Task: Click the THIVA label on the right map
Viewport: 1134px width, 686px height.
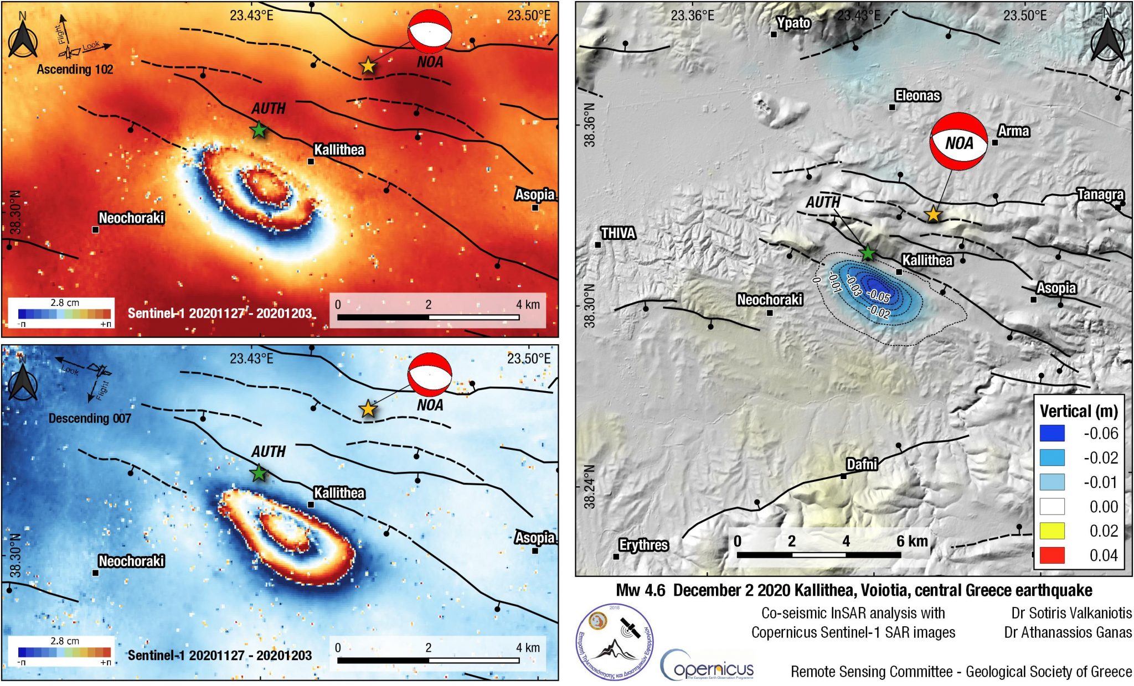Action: (618, 233)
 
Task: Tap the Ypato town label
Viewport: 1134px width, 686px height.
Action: (793, 23)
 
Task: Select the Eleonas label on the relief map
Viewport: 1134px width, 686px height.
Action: (917, 96)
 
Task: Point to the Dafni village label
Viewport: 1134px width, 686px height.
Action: (862, 464)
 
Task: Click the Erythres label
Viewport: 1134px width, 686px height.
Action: (643, 545)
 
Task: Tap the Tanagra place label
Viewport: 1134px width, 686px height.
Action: (1100, 194)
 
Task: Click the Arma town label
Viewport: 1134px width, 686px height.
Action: (1013, 131)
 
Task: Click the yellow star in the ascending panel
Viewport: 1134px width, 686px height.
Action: (368, 66)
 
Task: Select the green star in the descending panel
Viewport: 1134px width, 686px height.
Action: (259, 474)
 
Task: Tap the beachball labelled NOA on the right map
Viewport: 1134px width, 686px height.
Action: (958, 142)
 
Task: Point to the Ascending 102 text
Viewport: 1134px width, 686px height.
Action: (75, 70)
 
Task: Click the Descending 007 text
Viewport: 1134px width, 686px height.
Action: (90, 418)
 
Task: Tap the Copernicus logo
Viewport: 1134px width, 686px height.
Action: (707, 665)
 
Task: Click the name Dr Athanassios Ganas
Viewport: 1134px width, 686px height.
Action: (1068, 632)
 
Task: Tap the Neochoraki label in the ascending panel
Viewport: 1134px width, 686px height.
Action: (131, 218)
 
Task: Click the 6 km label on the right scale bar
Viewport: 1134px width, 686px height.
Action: (912, 541)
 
